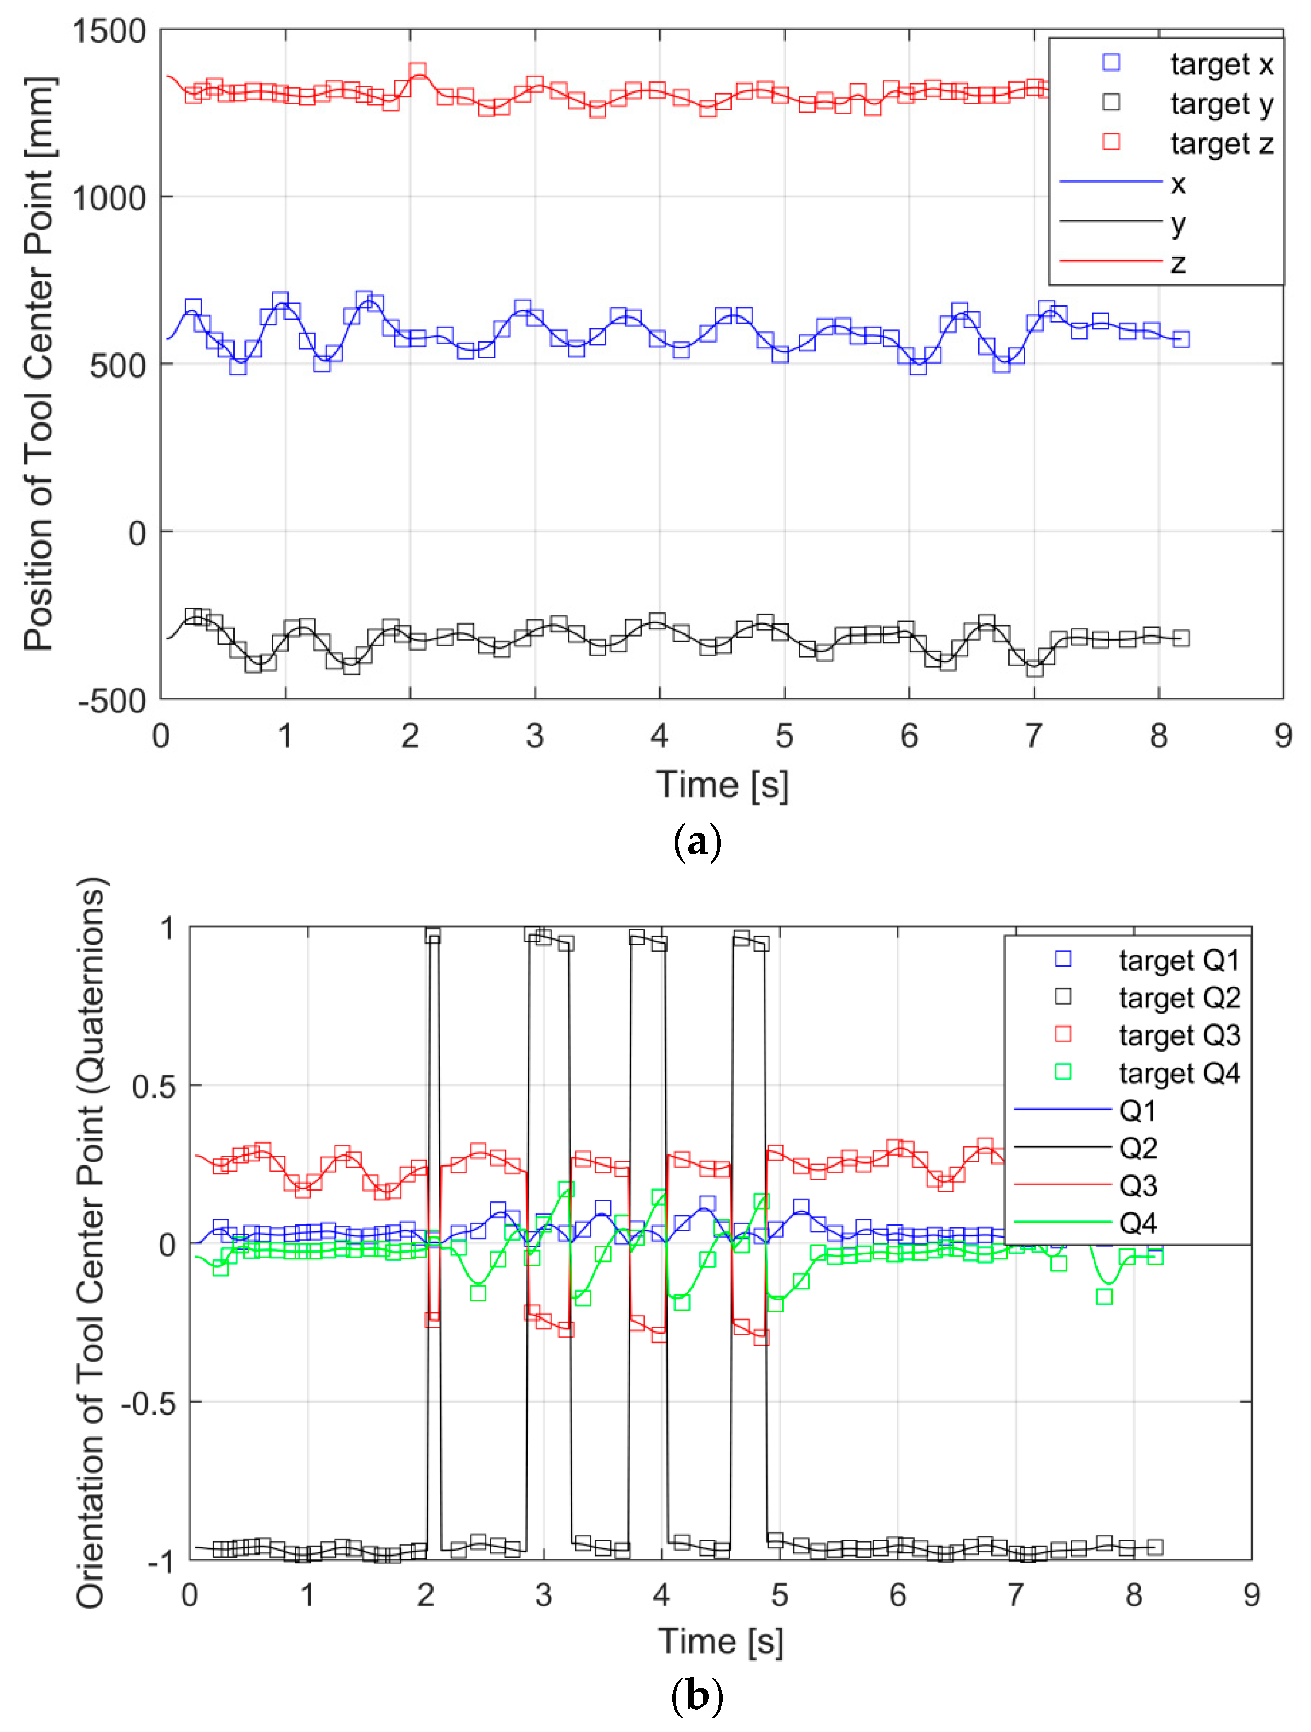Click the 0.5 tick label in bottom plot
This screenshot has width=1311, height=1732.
pyautogui.click(x=154, y=1087)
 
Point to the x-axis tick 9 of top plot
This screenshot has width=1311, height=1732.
pyautogui.click(x=1282, y=736)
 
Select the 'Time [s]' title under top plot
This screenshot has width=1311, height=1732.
pyautogui.click(x=721, y=785)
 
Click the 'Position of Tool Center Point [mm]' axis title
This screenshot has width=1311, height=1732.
pyautogui.click(x=39, y=364)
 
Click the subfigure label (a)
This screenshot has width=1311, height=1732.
pyautogui.click(x=696, y=843)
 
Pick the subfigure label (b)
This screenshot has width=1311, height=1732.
pyautogui.click(x=696, y=1697)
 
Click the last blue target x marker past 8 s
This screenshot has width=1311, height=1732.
pyautogui.click(x=1181, y=339)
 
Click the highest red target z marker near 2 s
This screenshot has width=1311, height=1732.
pyautogui.click(x=418, y=71)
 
